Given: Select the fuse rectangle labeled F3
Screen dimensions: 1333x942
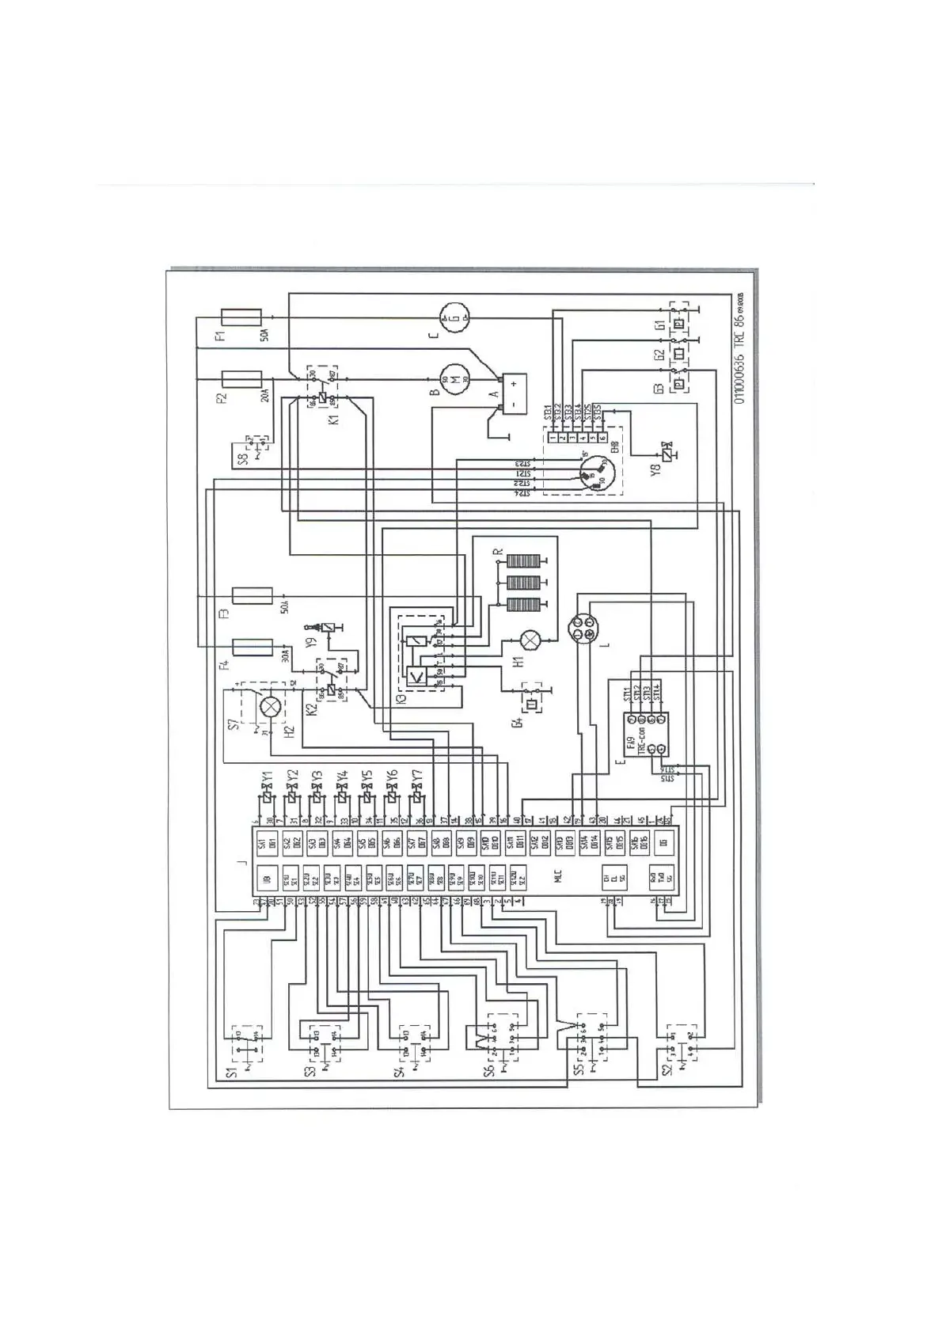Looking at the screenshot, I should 252,595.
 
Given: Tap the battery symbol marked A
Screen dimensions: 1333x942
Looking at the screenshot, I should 507,393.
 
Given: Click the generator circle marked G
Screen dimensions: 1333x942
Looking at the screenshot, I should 454,317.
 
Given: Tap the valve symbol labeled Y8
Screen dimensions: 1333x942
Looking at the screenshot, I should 669,456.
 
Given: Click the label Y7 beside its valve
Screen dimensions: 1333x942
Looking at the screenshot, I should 417,777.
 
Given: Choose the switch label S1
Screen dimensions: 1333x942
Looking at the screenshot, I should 232,1073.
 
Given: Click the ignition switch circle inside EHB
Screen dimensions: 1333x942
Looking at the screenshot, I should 588,474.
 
